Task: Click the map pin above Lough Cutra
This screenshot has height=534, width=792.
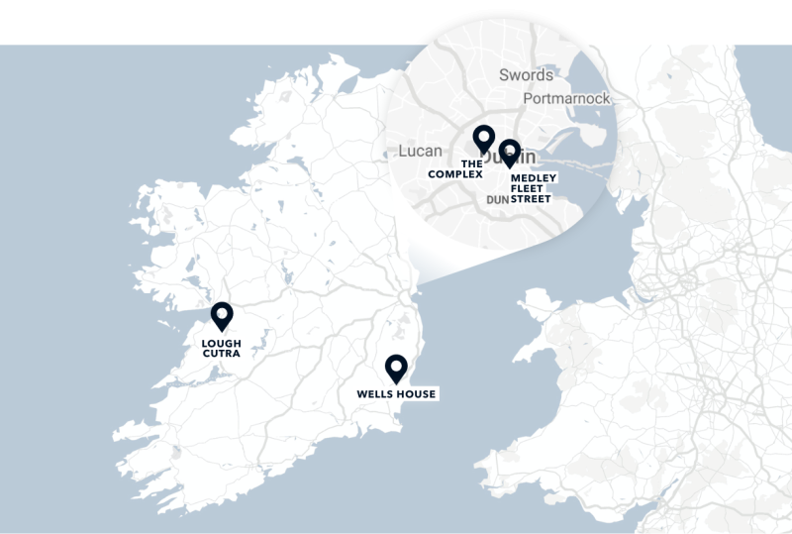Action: (x=222, y=316)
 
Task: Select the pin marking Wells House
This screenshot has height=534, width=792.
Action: (x=396, y=368)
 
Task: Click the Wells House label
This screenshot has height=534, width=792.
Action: (x=396, y=394)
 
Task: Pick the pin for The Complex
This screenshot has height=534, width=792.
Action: (x=483, y=139)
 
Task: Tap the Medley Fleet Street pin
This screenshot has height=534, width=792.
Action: (x=510, y=153)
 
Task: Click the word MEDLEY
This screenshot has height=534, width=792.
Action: (x=534, y=177)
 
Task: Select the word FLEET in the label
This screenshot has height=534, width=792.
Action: (x=528, y=188)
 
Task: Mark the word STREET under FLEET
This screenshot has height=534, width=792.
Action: (x=531, y=199)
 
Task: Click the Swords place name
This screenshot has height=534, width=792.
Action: (x=527, y=75)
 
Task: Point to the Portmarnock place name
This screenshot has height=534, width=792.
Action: (x=566, y=99)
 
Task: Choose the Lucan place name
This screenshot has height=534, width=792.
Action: (x=420, y=151)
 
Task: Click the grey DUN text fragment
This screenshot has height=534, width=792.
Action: (x=497, y=199)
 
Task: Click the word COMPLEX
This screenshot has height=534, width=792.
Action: (x=455, y=174)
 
